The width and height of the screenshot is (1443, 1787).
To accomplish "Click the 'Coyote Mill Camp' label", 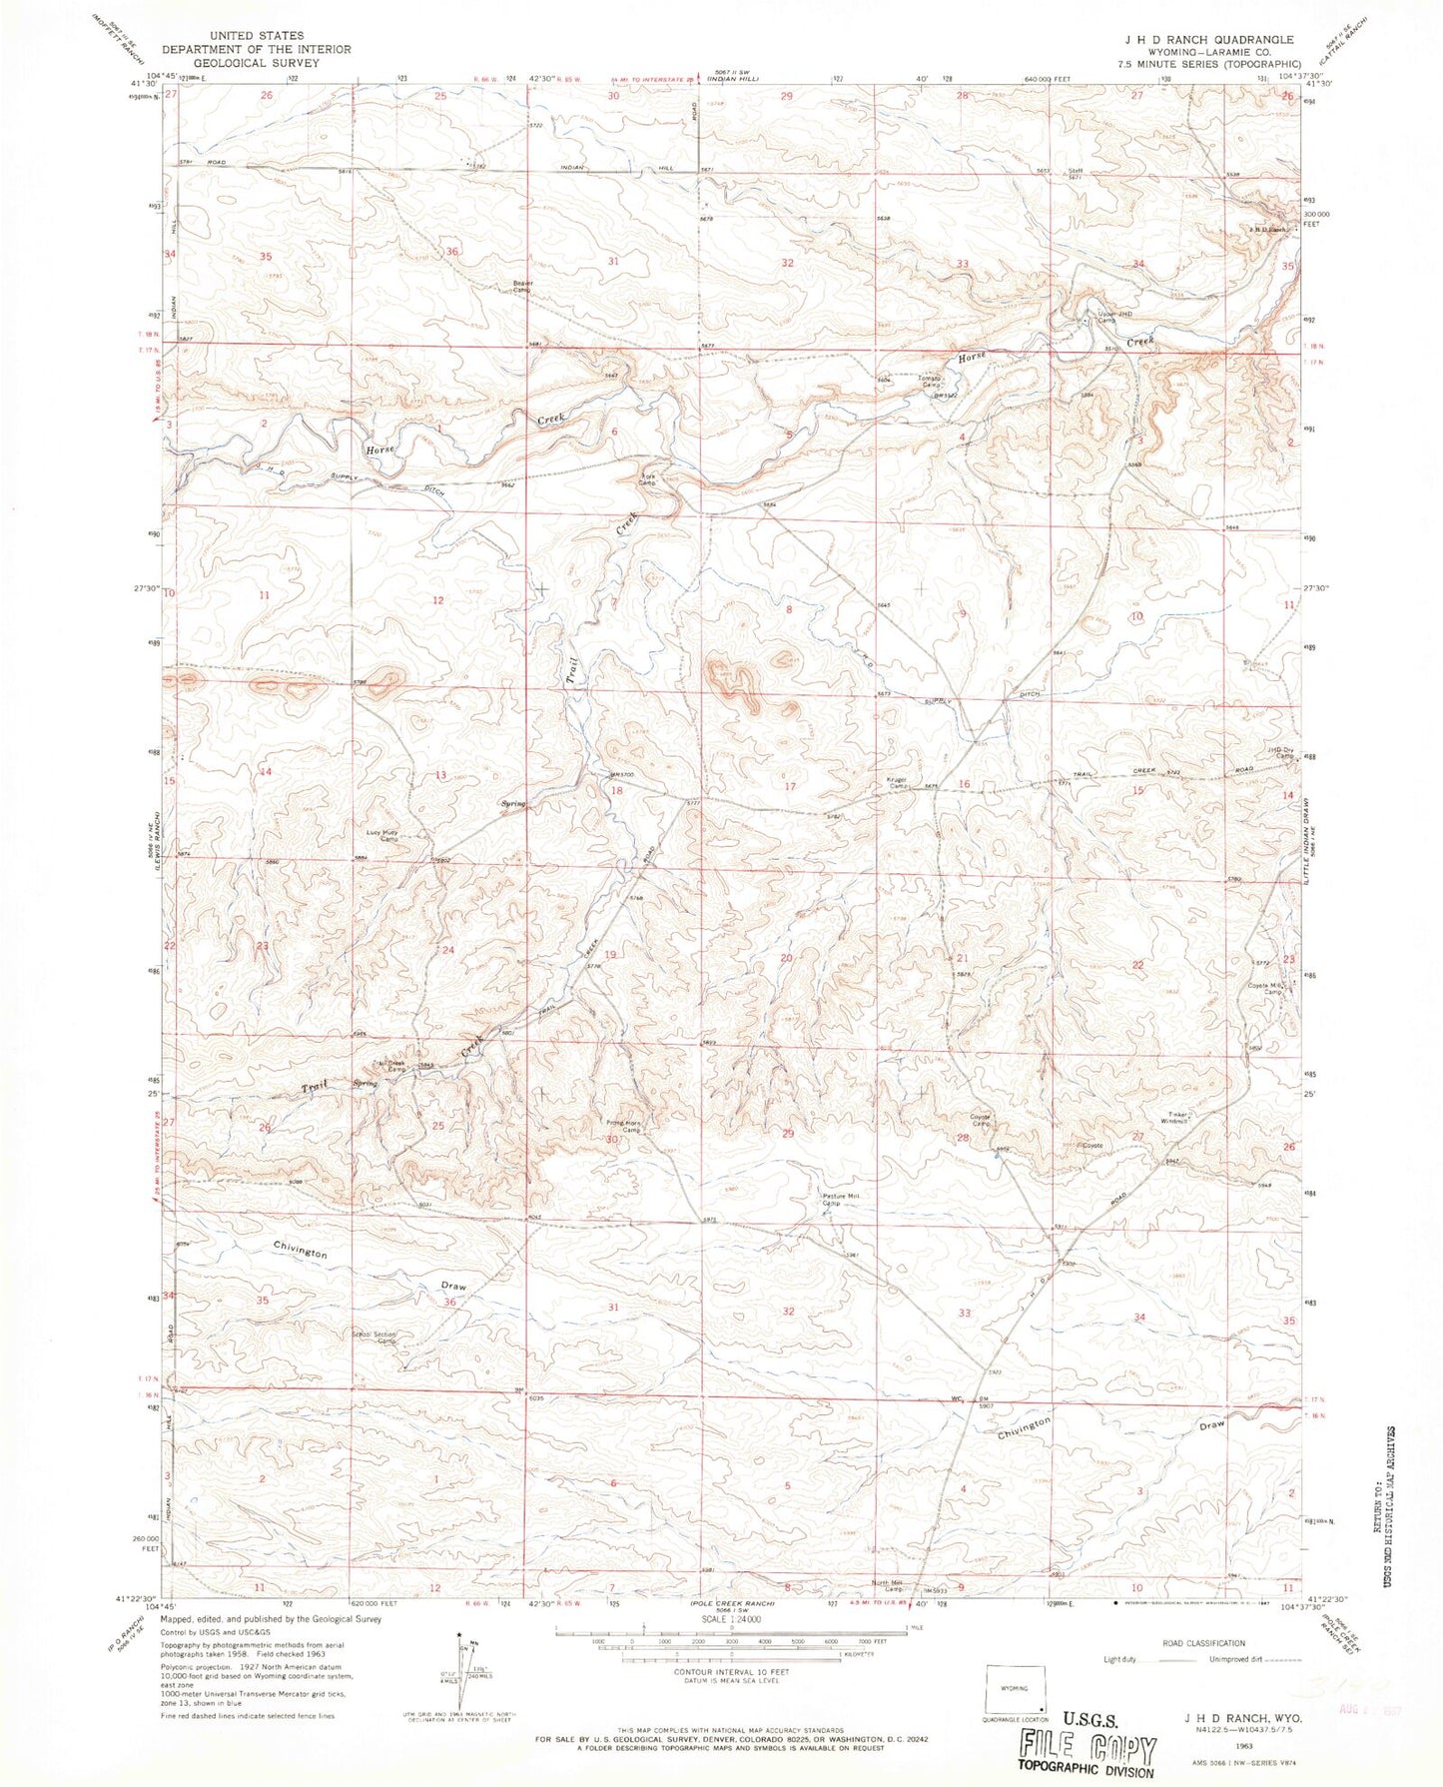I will click(x=1265, y=989).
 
